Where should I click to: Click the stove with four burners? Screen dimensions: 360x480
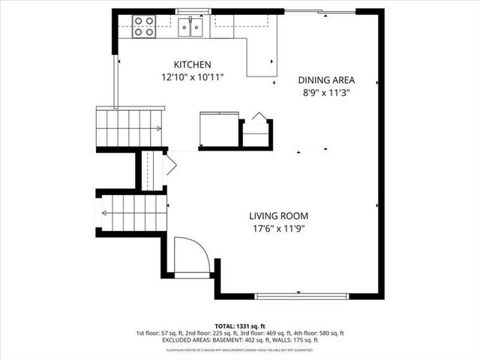tap(144, 26)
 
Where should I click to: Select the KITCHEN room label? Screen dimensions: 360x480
tap(192, 65)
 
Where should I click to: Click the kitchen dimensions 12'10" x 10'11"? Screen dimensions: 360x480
tap(192, 77)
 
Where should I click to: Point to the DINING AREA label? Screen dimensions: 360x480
tap(326, 80)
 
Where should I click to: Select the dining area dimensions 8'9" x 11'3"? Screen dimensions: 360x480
tap(326, 92)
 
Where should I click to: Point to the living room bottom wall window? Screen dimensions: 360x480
tap(301, 296)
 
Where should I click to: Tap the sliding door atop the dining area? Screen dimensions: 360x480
tap(321, 11)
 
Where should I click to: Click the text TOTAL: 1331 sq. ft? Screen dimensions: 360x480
tap(240, 325)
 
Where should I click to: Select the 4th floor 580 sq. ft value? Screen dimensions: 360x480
tap(322, 333)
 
